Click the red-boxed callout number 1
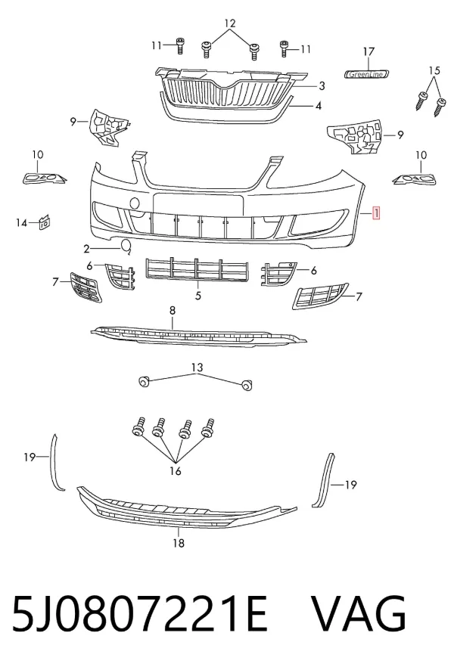(x=376, y=212)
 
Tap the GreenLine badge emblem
(x=367, y=74)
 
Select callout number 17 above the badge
(x=368, y=51)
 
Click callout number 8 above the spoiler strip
(x=173, y=311)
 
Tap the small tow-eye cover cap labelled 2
(x=126, y=246)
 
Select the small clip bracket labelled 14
(x=45, y=222)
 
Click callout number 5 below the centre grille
(x=198, y=295)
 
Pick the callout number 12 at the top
(x=230, y=23)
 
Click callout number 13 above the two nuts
(x=197, y=368)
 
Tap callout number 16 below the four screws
(x=176, y=471)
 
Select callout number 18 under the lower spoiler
(x=179, y=543)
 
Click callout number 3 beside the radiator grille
(x=322, y=86)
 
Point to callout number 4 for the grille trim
(x=318, y=106)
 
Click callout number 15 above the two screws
(x=434, y=70)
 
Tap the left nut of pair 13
(x=144, y=380)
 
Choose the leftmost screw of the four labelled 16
(x=138, y=427)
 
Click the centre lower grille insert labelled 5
(x=197, y=270)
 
